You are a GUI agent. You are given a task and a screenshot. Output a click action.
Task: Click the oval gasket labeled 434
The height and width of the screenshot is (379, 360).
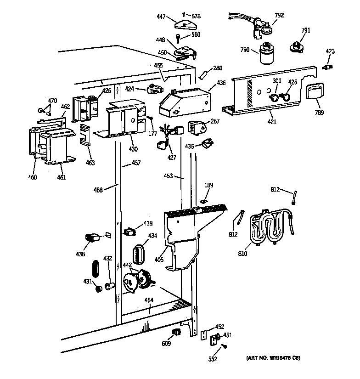coord(139,254)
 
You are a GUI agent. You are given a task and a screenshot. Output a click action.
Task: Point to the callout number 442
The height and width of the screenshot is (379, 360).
coord(127,265)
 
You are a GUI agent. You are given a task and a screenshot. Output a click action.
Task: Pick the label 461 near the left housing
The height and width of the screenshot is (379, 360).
coord(61,178)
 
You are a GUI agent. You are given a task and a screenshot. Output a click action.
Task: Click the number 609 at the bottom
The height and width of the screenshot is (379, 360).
coord(166,343)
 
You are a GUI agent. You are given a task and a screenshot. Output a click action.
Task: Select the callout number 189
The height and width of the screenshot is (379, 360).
coord(209,185)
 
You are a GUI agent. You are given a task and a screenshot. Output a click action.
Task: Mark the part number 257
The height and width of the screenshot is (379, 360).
coord(215,121)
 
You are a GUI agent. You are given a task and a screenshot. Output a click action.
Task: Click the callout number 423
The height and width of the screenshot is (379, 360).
coord(330,51)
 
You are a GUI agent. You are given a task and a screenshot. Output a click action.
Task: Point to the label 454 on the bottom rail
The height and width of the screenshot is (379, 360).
coord(149,300)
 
